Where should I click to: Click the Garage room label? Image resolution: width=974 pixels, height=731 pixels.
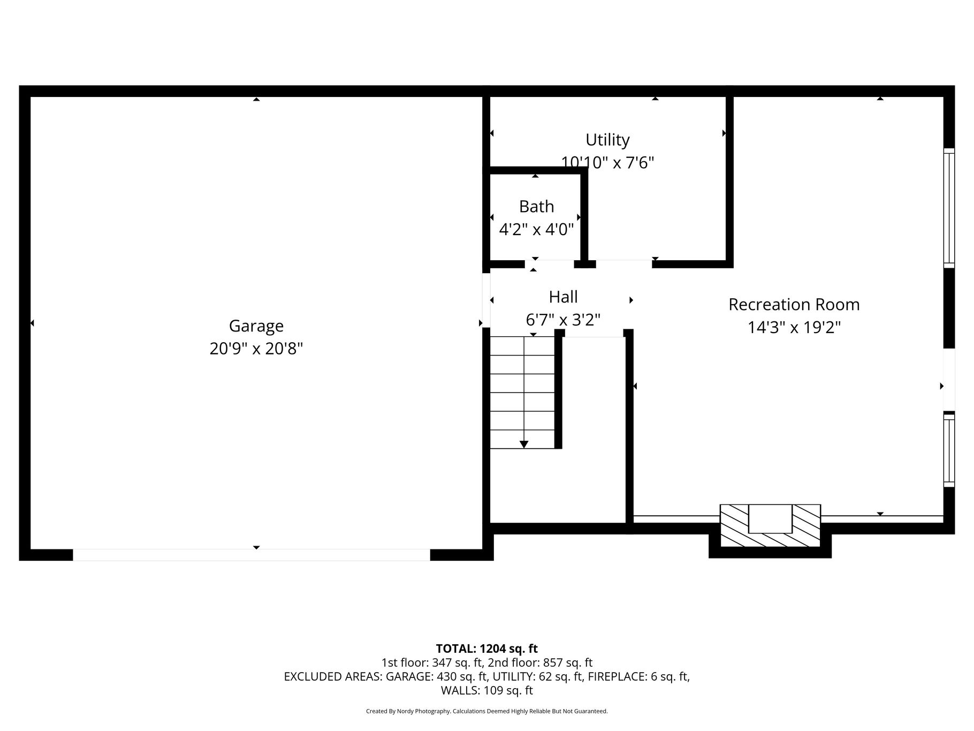pos(256,326)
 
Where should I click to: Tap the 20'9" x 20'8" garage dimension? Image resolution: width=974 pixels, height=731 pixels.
pos(256,349)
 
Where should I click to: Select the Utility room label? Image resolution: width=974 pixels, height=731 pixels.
pos(607,140)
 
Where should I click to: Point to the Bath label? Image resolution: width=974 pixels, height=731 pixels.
pos(536,206)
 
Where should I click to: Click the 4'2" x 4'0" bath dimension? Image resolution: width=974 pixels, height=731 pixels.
pos(536,229)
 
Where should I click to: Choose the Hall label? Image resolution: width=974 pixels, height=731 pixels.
pos(563,297)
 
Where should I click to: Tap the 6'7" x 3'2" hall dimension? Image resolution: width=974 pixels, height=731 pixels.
pos(563,320)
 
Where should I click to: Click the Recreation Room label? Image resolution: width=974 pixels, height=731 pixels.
pos(794,304)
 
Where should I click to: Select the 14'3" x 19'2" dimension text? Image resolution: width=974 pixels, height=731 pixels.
pos(794,327)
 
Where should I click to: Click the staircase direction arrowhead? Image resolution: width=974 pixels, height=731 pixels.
pos(524,444)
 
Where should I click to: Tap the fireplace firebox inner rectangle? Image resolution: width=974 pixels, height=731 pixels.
pos(770,518)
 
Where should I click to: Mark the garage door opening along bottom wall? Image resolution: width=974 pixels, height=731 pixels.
pos(252,555)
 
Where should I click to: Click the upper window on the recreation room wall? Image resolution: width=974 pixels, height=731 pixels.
pos(949,208)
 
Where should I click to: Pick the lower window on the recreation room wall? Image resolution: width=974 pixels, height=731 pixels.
pos(949,449)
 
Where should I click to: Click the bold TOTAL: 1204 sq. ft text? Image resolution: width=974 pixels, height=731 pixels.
pos(486,649)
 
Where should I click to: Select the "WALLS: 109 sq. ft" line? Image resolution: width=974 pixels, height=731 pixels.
pos(486,691)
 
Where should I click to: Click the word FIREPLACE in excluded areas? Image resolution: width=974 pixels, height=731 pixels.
pos(618,677)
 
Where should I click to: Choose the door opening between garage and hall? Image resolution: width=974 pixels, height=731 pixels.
pos(486,300)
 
